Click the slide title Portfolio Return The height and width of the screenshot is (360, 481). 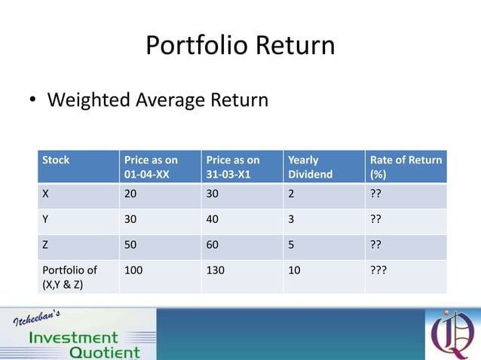click(x=240, y=46)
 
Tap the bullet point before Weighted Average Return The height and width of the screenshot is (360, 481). click(x=33, y=100)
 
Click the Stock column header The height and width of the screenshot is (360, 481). click(x=56, y=160)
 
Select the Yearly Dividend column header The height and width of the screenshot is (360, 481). click(x=303, y=167)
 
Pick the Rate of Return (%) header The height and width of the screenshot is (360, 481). click(x=405, y=167)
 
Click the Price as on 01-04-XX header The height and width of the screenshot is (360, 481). click(x=151, y=167)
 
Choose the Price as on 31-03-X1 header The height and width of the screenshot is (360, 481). click(x=232, y=167)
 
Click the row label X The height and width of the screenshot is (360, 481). click(x=46, y=194)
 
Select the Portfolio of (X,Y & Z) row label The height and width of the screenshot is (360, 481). click(x=69, y=276)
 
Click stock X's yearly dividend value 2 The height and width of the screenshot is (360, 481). click(x=292, y=194)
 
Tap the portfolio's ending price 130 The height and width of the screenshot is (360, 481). click(x=216, y=270)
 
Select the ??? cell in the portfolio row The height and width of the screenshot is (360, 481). click(x=378, y=270)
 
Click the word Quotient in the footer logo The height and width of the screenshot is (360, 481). click(x=104, y=352)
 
